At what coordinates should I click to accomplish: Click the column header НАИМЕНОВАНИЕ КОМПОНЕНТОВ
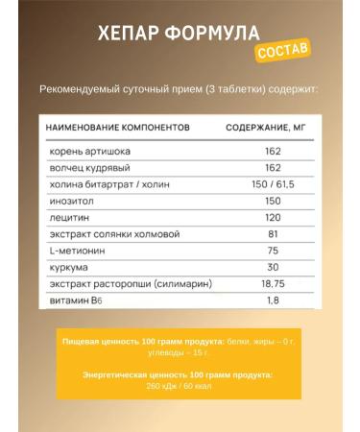pyautogui.click(x=114, y=126)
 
